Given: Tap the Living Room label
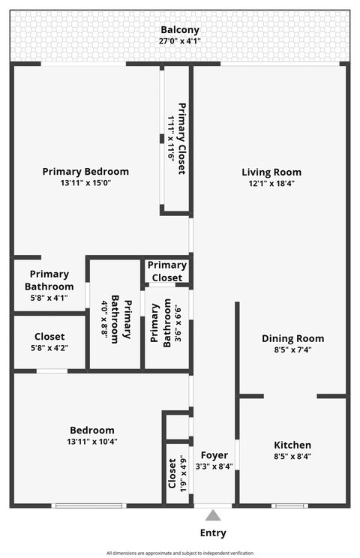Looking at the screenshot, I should (271, 172).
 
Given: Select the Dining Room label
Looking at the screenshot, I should (292, 338).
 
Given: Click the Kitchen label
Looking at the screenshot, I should (292, 445).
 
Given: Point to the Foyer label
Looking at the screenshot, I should (214, 455).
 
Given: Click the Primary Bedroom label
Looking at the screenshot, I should (85, 171).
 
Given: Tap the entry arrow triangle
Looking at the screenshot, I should (214, 516).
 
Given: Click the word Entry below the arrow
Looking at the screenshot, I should (214, 533).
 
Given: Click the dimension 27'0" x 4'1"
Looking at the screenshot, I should (180, 42).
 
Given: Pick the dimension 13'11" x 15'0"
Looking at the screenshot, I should (85, 182).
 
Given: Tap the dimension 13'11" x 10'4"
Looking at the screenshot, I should (91, 441).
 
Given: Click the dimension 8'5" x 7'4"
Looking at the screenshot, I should (292, 349).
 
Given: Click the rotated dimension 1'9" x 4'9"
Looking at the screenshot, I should (183, 474).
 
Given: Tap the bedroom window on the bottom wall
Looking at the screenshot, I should (88, 505).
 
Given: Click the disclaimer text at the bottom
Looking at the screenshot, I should (180, 553).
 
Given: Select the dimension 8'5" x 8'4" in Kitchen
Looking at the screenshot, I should (292, 456).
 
